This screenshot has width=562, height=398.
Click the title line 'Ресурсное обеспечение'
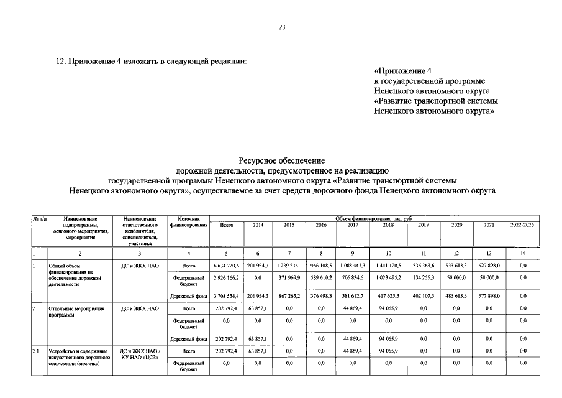(x=282, y=160)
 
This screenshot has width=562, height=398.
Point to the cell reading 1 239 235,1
(x=289, y=266)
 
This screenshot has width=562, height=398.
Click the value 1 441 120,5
(x=388, y=266)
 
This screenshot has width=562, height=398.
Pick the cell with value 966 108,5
(x=321, y=266)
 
